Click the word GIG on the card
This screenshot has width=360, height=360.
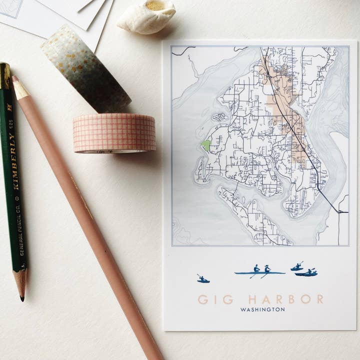tap(215, 299)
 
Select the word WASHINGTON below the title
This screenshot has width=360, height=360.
tap(262, 310)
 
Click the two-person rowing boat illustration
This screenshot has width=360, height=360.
tap(259, 271)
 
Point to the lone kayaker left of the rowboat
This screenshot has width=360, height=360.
tap(202, 279)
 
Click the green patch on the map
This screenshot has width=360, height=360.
tap(205, 145)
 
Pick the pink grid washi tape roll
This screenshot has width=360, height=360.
tap(114, 133)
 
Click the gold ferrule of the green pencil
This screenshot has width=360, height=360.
tap(5, 75)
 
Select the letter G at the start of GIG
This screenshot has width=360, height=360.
tap(203, 299)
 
